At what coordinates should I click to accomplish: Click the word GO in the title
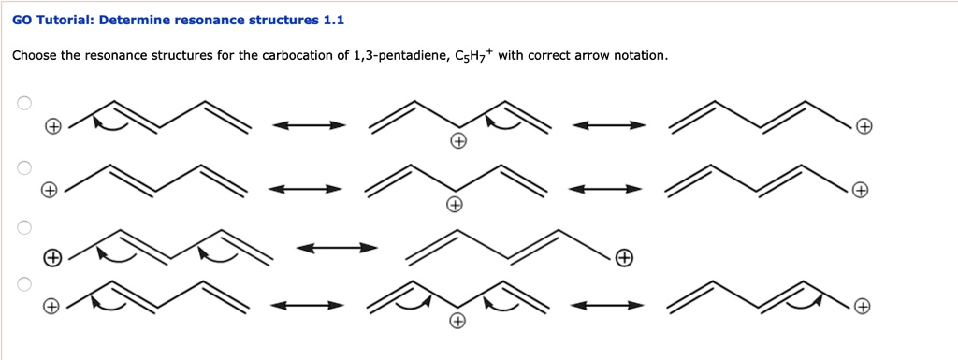pyautogui.click(x=22, y=20)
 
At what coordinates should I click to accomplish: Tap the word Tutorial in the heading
pyautogui.click(x=65, y=20)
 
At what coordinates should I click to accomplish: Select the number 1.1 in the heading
pyautogui.click(x=333, y=20)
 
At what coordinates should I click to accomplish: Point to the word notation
pyautogui.click(x=641, y=56)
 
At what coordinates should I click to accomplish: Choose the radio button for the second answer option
pyautogui.click(x=25, y=167)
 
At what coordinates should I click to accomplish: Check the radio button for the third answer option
pyautogui.click(x=25, y=227)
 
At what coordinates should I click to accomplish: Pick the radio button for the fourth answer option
pyautogui.click(x=25, y=282)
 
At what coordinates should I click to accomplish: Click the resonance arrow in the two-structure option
pyautogui.click(x=337, y=248)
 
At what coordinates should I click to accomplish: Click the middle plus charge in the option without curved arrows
pyautogui.click(x=454, y=205)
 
